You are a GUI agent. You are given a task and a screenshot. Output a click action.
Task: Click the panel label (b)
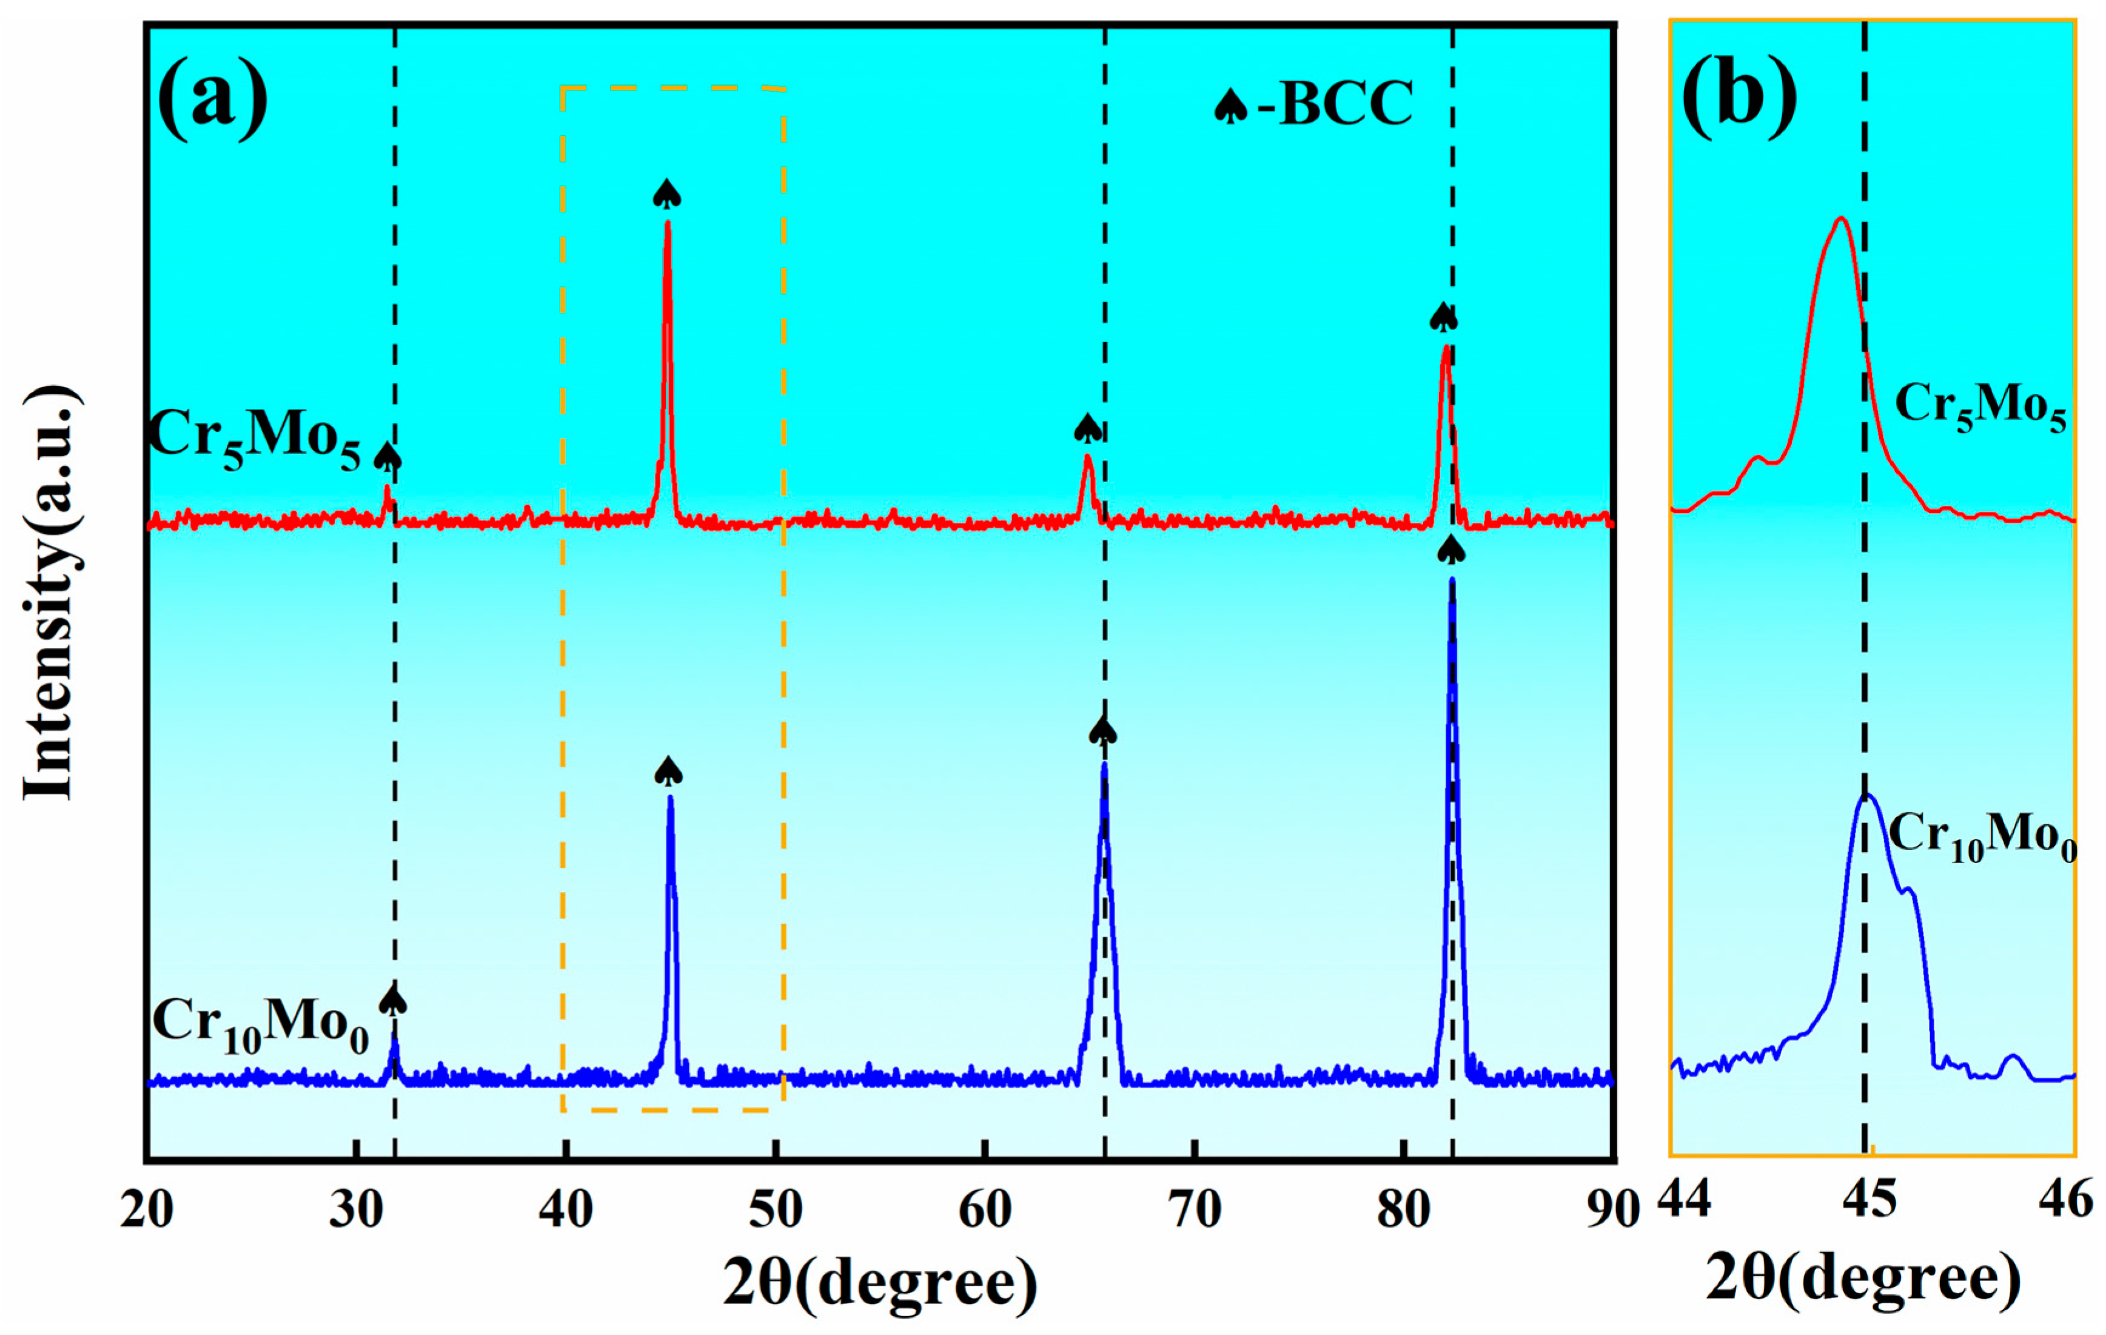[x=1739, y=96]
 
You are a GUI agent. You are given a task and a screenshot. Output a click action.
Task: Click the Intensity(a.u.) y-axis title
[x=51, y=592]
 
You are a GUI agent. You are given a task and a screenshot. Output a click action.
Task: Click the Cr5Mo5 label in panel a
[x=253, y=437]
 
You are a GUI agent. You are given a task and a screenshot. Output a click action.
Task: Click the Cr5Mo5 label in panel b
[x=1980, y=407]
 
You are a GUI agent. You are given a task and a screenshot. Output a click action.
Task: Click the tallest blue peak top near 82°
[x=1452, y=581]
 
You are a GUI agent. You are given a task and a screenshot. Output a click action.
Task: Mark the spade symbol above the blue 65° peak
[x=1103, y=730]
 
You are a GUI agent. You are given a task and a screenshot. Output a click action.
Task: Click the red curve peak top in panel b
[x=1842, y=219]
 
